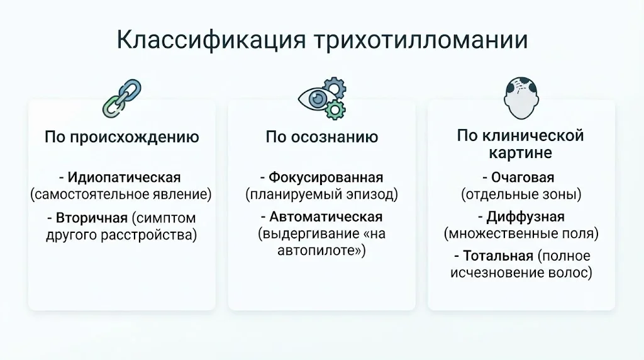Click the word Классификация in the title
tap(211, 40)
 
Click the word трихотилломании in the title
tap(421, 40)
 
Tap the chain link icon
tap(121, 98)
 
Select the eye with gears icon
tap(322, 98)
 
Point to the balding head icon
tap(521, 98)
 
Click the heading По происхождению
tap(121, 137)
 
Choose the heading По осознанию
tap(321, 137)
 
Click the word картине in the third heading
tap(520, 153)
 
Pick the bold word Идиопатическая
tap(124, 177)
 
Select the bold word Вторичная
tap(92, 218)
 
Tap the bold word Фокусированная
tap(326, 177)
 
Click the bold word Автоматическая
tap(326, 217)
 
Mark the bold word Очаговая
tap(523, 177)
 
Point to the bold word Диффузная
tap(525, 217)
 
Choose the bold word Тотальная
tap(498, 256)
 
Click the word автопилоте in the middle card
tap(316, 250)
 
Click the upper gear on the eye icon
tap(335, 88)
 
